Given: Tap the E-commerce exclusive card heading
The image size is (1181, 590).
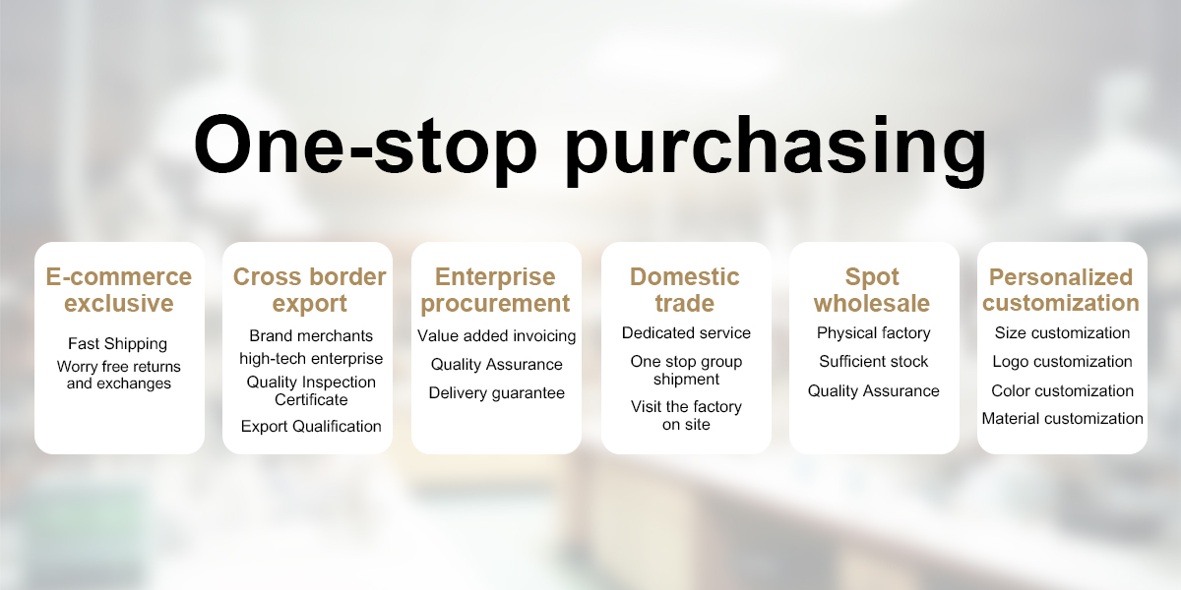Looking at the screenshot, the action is pyautogui.click(x=119, y=290).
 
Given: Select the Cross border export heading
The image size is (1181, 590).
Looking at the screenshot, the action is pyautogui.click(x=309, y=290).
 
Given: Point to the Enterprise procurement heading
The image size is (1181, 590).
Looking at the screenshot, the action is pyautogui.click(x=495, y=290).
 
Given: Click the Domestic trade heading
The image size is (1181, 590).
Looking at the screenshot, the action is pyautogui.click(x=685, y=290).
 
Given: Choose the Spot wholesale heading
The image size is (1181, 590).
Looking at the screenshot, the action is pyautogui.click(x=872, y=290).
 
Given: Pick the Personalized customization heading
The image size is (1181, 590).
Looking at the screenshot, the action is pyautogui.click(x=1061, y=290).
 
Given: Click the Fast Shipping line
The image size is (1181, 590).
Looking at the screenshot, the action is pyautogui.click(x=117, y=344).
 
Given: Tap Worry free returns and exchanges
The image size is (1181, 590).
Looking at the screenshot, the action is pyautogui.click(x=119, y=375).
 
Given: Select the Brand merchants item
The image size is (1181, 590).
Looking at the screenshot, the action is pyautogui.click(x=311, y=335).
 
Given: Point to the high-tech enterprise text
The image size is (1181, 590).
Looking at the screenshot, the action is pyautogui.click(x=311, y=359).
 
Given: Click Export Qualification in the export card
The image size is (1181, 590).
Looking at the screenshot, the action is pyautogui.click(x=311, y=426).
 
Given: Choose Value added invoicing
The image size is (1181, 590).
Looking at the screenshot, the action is pyautogui.click(x=497, y=336).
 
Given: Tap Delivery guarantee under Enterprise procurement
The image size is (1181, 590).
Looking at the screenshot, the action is pyautogui.click(x=497, y=393).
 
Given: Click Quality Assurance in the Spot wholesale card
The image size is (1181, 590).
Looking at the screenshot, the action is pyautogui.click(x=874, y=391).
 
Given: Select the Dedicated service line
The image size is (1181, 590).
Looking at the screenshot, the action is pyautogui.click(x=686, y=333).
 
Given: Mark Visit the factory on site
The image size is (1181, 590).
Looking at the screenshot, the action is pyautogui.click(x=686, y=415).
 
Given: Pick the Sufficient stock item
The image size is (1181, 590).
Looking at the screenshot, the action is pyautogui.click(x=874, y=362).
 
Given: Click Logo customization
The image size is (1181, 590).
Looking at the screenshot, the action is pyautogui.click(x=1062, y=362).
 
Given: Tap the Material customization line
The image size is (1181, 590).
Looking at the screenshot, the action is pyautogui.click(x=1062, y=418).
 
